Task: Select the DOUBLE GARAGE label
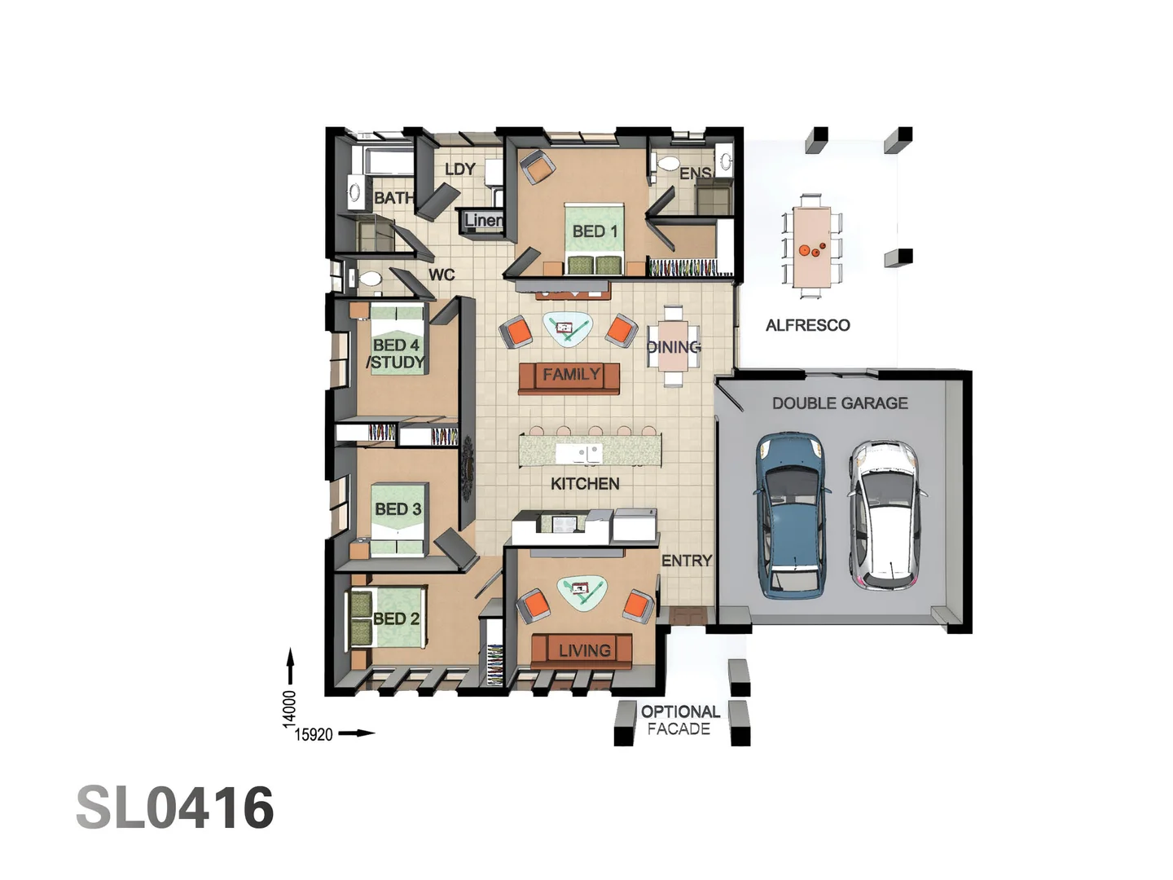click(x=840, y=403)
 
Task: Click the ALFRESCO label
click(x=807, y=325)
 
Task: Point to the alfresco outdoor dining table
click(x=811, y=246)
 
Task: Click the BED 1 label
click(x=595, y=231)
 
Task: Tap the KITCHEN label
click(x=585, y=483)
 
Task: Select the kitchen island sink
click(x=578, y=453)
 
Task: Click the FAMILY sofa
click(x=569, y=378)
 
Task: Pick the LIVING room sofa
click(x=582, y=651)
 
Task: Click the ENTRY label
click(x=687, y=561)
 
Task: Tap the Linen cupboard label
click(x=484, y=220)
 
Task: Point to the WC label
click(x=442, y=275)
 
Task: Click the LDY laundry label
click(x=460, y=169)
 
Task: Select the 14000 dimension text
click(x=288, y=709)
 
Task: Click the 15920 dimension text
click(x=314, y=735)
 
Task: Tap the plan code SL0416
click(x=175, y=807)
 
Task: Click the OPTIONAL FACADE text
click(x=680, y=720)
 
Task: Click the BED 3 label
click(x=398, y=509)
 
